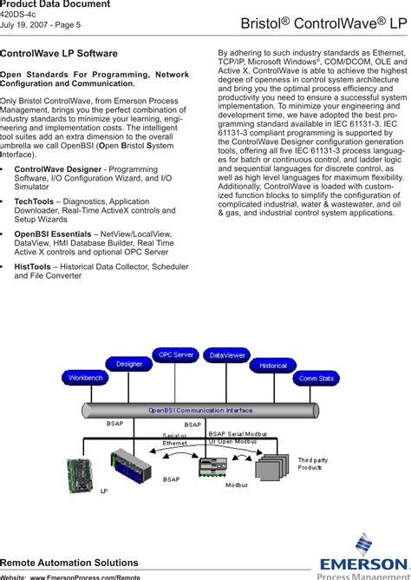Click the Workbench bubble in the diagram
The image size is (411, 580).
pyautogui.click(x=86, y=379)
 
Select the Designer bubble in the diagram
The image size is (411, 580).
pyautogui.click(x=129, y=364)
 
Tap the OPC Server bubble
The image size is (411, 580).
pyautogui.click(x=176, y=355)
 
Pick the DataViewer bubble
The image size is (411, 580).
pyautogui.click(x=227, y=355)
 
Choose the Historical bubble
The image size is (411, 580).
pyautogui.click(x=273, y=366)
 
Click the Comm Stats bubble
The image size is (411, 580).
pyautogui.click(x=316, y=379)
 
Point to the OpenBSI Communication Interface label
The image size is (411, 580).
pyautogui.click(x=200, y=410)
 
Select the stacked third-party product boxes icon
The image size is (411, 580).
pyautogui.click(x=266, y=471)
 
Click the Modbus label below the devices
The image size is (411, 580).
pyautogui.click(x=237, y=485)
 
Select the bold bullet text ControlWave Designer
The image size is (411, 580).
pyautogui.click(x=58, y=167)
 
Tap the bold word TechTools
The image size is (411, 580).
pyautogui.click(x=34, y=201)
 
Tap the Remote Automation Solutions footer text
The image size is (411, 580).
pyautogui.click(x=69, y=563)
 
